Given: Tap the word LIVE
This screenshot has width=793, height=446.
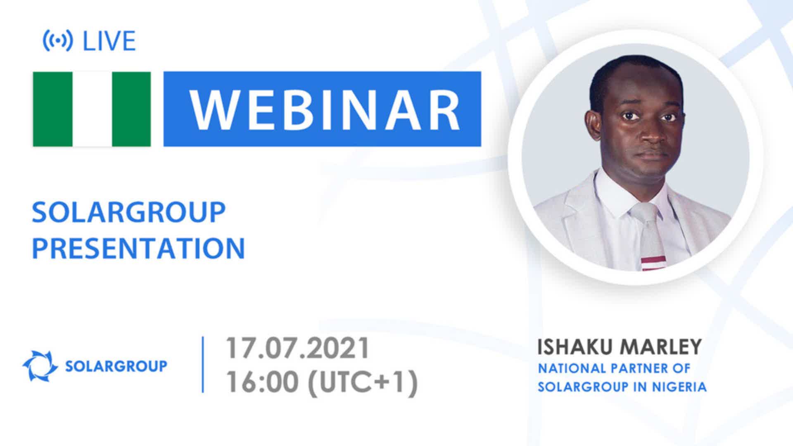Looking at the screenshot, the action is pyautogui.click(x=109, y=41).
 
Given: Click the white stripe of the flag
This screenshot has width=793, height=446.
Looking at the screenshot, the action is pyautogui.click(x=92, y=109).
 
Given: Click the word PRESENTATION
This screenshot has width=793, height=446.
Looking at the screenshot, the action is pyautogui.click(x=138, y=248).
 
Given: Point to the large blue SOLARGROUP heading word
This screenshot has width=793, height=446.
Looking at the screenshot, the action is pyautogui.click(x=128, y=212).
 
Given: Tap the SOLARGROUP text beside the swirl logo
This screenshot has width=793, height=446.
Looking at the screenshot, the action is pyautogui.click(x=116, y=366).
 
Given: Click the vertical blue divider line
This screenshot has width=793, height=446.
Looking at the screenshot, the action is pyautogui.click(x=203, y=364).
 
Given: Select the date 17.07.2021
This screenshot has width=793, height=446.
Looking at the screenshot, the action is pyautogui.click(x=297, y=348).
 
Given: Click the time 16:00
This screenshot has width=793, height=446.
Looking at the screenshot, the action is pyautogui.click(x=262, y=382).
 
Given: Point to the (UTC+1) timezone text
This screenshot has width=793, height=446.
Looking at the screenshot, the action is pyautogui.click(x=362, y=382).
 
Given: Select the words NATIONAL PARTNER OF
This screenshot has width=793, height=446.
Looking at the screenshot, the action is pyautogui.click(x=614, y=368).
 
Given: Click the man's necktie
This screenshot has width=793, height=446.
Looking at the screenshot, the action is pyautogui.click(x=649, y=237).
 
